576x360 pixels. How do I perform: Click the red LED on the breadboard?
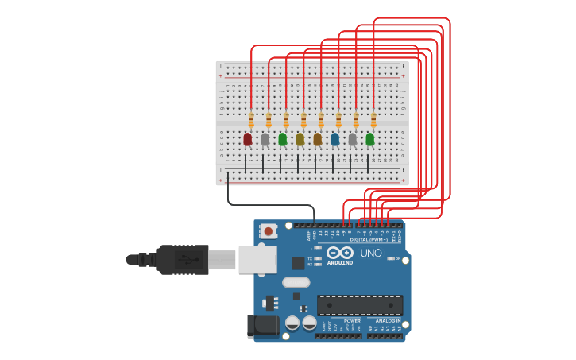click(x=247, y=139)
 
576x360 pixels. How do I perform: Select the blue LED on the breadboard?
click(x=334, y=139)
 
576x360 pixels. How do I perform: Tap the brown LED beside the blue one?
click(x=317, y=139)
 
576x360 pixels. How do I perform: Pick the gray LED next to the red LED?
click(x=265, y=139)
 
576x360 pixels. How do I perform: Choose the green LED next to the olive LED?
click(x=282, y=139)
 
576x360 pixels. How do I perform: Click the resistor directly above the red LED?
click(x=251, y=120)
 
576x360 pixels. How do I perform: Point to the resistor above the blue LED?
click(x=338, y=120)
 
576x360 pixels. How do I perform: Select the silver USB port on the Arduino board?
click(x=257, y=259)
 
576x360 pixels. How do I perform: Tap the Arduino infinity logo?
click(x=339, y=253)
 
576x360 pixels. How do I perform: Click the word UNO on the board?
click(x=371, y=253)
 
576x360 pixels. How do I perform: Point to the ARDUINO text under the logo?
click(x=340, y=262)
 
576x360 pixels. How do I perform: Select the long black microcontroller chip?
click(x=359, y=305)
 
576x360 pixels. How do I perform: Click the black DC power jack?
click(x=263, y=326)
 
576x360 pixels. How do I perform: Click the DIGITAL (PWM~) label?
click(x=369, y=239)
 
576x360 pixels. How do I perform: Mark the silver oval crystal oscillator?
click(x=296, y=282)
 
